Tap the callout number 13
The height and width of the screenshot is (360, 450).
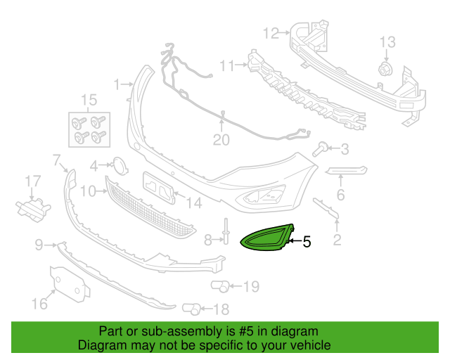[387, 42]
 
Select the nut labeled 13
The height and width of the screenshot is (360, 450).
[385, 69]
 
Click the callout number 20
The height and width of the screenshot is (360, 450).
[221, 140]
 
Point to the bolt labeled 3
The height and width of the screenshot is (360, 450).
[320, 149]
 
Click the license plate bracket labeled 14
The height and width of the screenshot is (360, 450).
[160, 188]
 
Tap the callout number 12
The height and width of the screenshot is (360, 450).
[271, 33]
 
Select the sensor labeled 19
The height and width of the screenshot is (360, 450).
[220, 286]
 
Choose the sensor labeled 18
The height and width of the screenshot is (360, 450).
[191, 309]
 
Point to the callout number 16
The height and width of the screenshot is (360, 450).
[39, 304]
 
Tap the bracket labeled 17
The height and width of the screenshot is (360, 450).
[33, 209]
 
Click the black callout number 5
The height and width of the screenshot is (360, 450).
[307, 242]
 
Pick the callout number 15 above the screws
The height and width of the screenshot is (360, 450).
[89, 100]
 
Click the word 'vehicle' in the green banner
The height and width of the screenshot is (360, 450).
[312, 345]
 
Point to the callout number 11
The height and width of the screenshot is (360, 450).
[227, 65]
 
